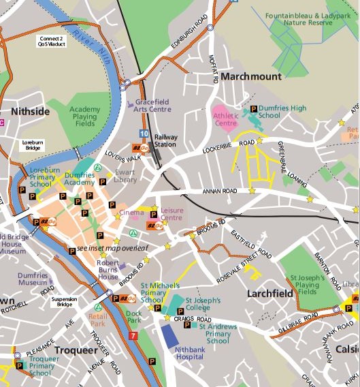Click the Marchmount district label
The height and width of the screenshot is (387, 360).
250,77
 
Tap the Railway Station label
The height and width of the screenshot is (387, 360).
165,141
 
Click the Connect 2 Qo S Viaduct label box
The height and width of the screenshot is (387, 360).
52,42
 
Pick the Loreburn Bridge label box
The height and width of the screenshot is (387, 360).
33,144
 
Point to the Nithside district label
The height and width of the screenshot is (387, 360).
31,111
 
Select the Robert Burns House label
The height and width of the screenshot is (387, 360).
108,269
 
